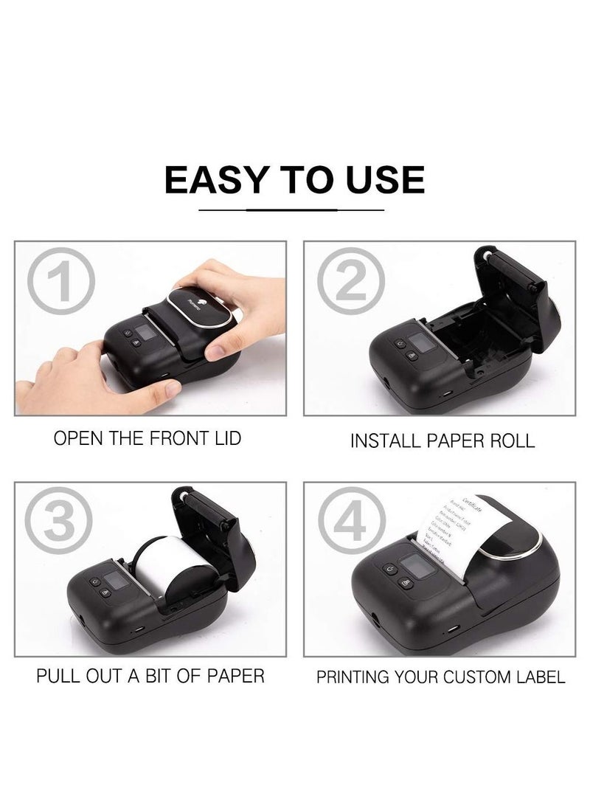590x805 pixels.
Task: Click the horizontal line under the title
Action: [x=295, y=210]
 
